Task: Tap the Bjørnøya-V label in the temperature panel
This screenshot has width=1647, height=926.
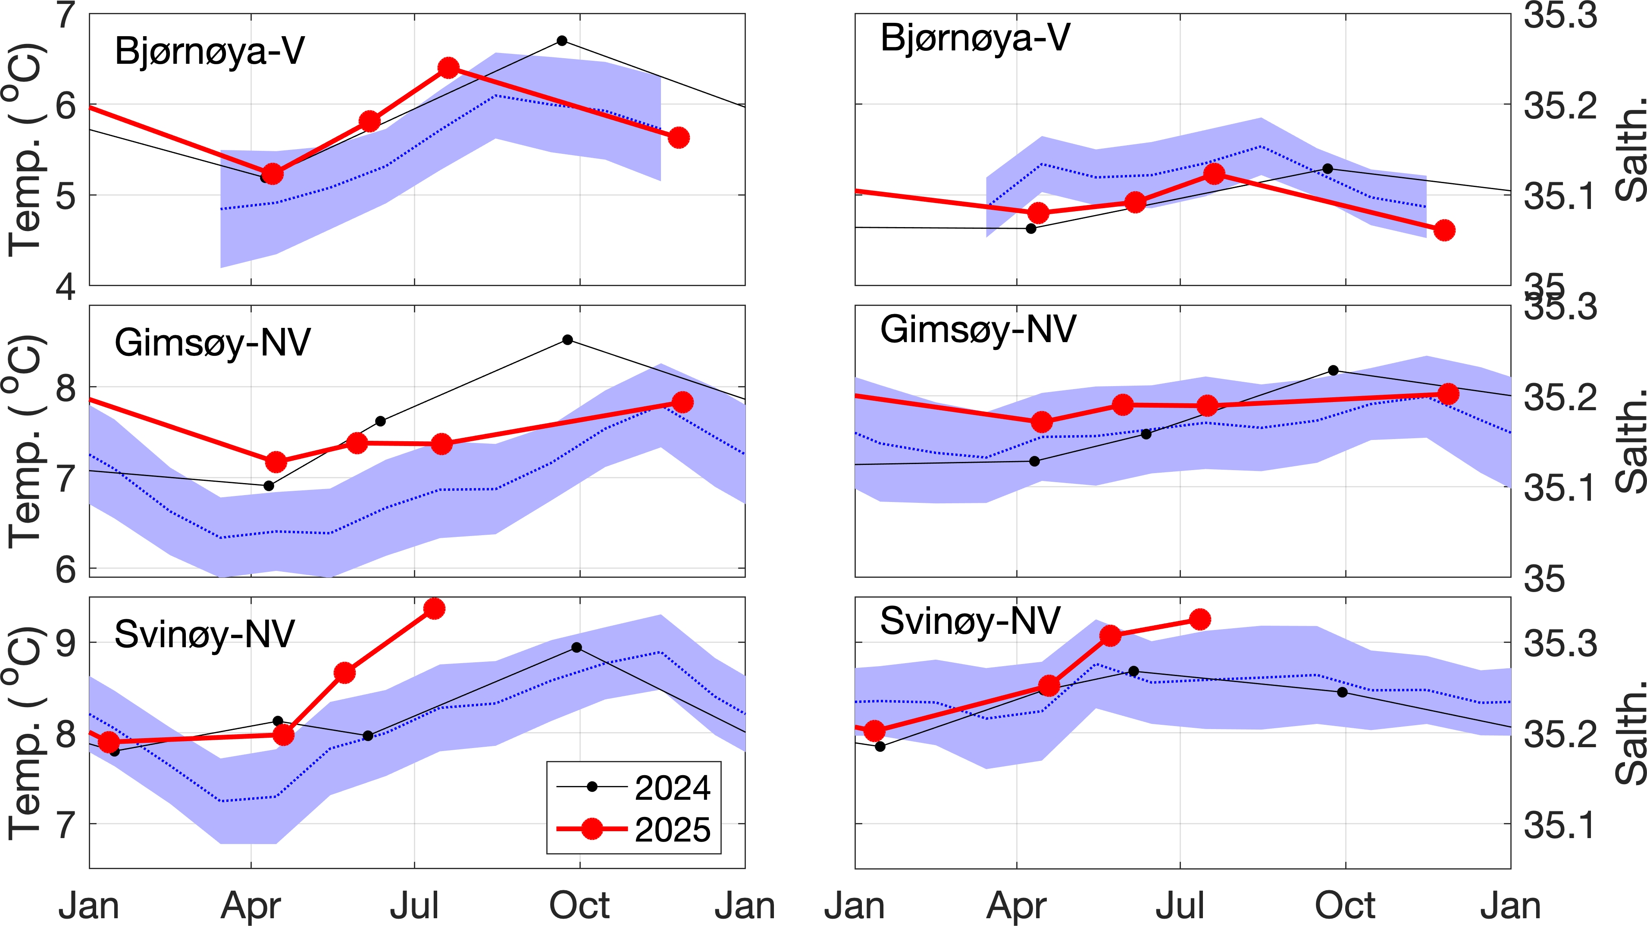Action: coord(209,51)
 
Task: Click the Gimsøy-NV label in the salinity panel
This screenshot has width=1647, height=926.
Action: coord(977,329)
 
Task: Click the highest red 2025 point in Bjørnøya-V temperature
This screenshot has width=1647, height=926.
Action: coord(449,68)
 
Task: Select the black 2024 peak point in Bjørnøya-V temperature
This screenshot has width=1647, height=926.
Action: coord(562,41)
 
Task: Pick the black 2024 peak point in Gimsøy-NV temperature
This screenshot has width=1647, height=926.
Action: coord(567,340)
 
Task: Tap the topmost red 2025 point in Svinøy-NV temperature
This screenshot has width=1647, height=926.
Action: coord(435,609)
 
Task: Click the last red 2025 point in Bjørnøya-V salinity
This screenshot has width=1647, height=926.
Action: coord(1445,231)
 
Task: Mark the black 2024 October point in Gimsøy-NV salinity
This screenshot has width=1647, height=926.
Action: coord(1333,371)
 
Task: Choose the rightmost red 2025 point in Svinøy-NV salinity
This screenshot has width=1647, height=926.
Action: coord(1200,619)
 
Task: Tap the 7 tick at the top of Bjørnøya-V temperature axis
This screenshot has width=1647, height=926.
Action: coord(66,16)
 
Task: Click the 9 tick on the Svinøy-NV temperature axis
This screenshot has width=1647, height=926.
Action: coord(66,643)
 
